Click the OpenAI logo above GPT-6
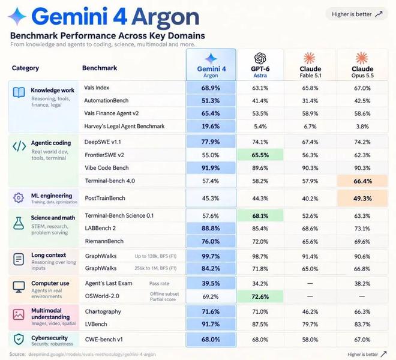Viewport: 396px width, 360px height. pos(260,58)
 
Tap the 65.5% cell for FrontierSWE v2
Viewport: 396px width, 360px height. pos(260,155)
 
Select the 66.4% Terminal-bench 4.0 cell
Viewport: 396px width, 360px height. pos(362,181)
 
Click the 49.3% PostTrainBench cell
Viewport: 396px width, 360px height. pos(362,199)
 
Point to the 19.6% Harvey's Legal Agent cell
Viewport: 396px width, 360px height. pos(211,126)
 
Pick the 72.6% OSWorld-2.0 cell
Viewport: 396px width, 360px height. pos(260,296)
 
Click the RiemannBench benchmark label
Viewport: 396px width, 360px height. pos(104,241)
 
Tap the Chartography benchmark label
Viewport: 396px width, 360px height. pos(103,312)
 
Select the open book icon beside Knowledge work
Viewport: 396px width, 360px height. pos(19,92)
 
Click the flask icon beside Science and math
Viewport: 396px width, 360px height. pos(19,223)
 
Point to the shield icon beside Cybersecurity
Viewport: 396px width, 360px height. pos(19,339)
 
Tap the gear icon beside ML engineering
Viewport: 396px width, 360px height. pos(19,198)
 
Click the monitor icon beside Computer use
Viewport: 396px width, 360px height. pos(19,287)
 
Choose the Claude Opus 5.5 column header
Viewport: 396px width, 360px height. pos(362,72)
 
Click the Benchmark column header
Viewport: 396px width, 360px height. pos(100,68)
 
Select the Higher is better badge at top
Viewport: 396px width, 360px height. pos(356,14)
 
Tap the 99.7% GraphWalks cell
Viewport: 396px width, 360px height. pos(211,256)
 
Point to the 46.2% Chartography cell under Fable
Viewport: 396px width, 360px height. pos(310,311)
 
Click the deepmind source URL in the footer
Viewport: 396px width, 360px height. pos(92,355)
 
